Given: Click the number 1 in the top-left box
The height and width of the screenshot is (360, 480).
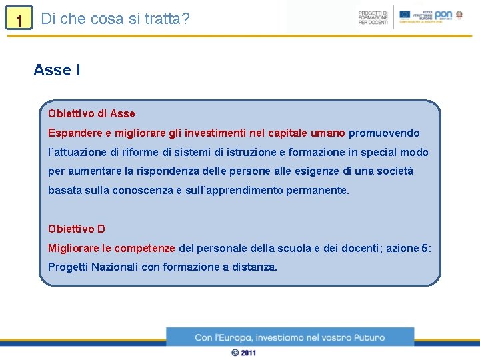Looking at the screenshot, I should (19, 21).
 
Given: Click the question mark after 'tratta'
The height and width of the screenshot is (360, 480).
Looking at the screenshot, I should (185, 19).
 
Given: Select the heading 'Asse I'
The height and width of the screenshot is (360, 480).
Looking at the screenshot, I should (57, 69).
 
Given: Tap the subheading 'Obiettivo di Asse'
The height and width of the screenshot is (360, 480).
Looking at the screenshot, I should (91, 113).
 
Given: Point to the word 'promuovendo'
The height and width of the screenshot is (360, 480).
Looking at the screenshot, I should (384, 133).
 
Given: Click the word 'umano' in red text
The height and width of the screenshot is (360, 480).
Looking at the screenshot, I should (328, 133).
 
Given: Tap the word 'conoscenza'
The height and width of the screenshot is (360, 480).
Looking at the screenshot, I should (142, 191).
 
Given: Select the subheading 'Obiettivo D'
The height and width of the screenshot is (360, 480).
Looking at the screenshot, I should (77, 229).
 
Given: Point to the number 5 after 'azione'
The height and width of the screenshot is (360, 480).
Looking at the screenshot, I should (425, 248).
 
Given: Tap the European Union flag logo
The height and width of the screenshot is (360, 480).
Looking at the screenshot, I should (405, 15).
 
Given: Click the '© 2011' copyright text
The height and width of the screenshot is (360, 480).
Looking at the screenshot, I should (243, 353).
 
